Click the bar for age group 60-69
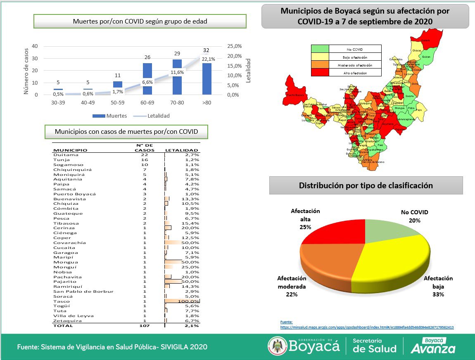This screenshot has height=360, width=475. coord(147,79)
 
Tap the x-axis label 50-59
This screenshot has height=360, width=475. coord(118,103)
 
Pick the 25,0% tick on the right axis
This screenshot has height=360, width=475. coord(234,46)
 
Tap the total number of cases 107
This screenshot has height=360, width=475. coord(144,326)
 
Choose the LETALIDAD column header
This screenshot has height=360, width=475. coord(181,150)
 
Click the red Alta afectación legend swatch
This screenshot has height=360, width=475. coord(320,73)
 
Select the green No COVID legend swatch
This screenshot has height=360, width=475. coord(320,49)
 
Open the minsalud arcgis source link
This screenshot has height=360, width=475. coord(367,327)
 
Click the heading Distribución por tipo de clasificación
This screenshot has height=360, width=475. coord(366,185)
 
